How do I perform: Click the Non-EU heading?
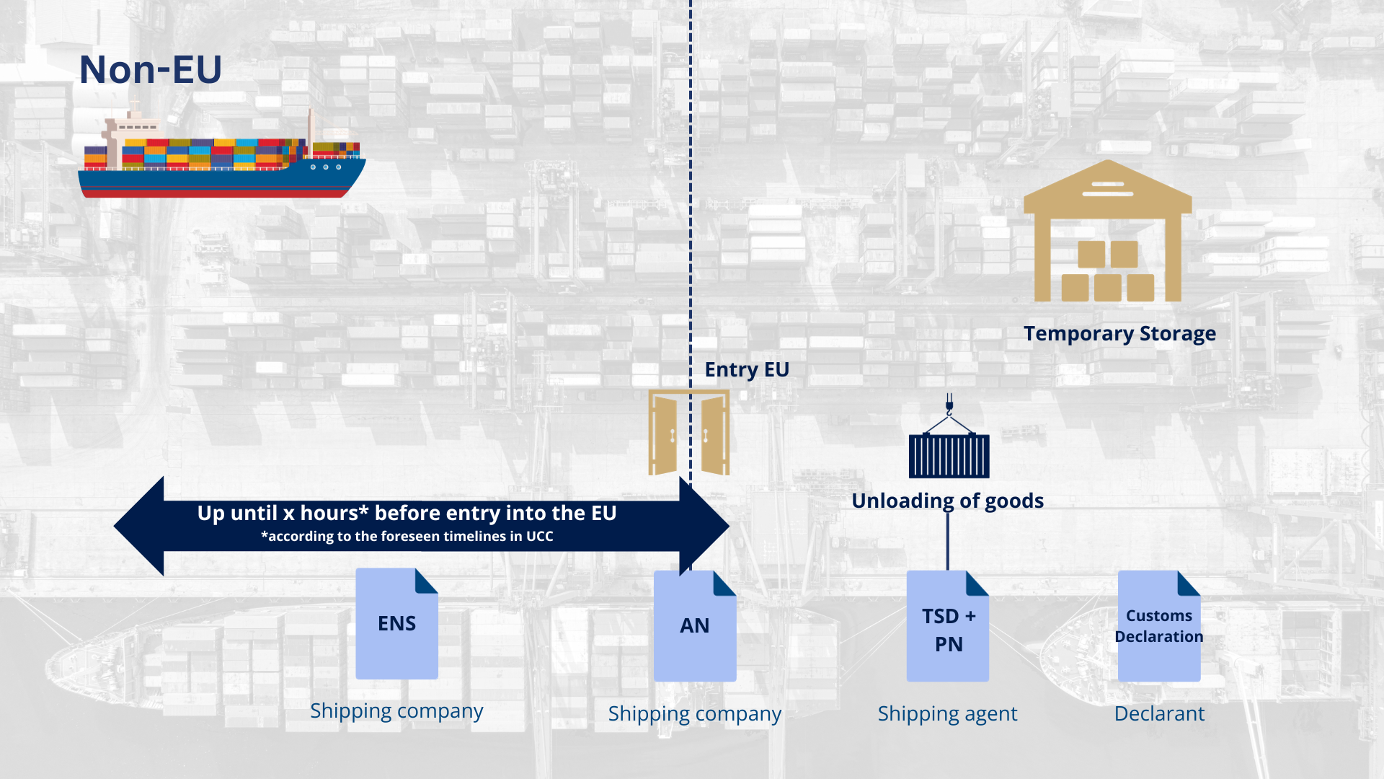pos(150,70)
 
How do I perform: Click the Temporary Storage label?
pos(1119,333)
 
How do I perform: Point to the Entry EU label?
pos(747,369)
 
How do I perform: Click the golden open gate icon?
pos(688,433)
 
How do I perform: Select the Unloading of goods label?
pos(947,501)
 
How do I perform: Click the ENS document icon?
pos(396,623)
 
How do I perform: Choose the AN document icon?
pos(694,625)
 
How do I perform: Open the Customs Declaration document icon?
pos(1158,626)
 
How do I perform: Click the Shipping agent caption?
pos(947,713)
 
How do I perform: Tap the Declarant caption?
pos(1159,713)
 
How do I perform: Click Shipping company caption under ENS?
pos(396,710)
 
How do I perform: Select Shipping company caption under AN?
pos(694,713)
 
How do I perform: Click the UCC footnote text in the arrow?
pos(407,537)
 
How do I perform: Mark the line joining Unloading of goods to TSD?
pos(947,541)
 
